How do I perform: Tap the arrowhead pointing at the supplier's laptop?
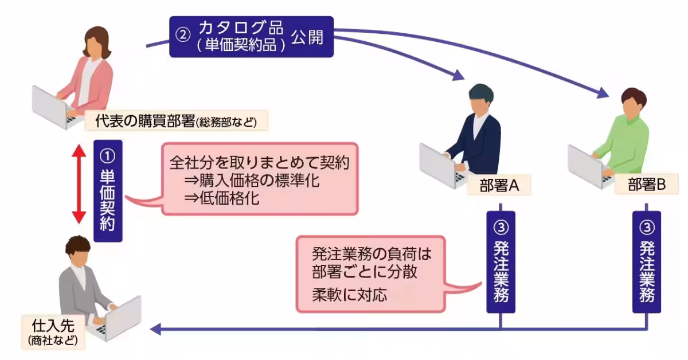pyautogui.click(x=155, y=329)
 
